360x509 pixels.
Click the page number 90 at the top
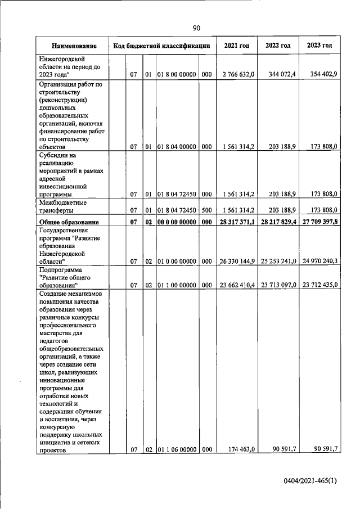coord(196,28)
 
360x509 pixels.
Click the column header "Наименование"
coord(74,46)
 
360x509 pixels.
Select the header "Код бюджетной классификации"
coord(162,46)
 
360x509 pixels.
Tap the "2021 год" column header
coord(236,46)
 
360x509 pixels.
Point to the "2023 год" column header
coord(319,46)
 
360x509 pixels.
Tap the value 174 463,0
coord(241,449)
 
